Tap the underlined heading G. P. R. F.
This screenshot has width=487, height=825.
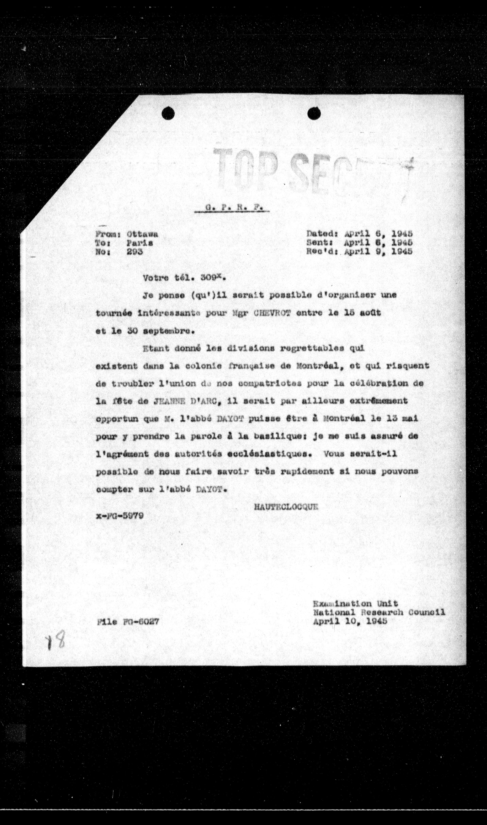[x=232, y=208]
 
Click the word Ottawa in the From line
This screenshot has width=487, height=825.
[x=143, y=234]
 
